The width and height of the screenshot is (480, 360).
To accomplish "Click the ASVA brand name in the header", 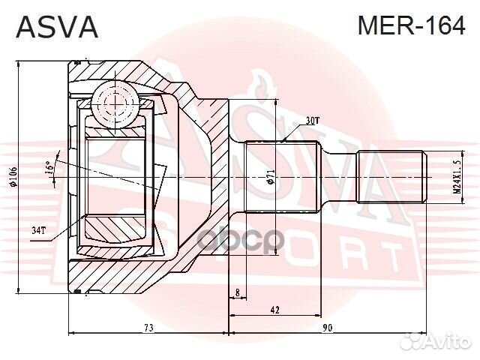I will click(57, 28).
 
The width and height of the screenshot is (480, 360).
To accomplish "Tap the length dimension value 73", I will click(148, 328).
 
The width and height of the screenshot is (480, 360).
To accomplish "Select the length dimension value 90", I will click(328, 328).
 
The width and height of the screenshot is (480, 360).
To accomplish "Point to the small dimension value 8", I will click(237, 292).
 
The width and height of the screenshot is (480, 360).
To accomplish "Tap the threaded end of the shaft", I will click(391, 178).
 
